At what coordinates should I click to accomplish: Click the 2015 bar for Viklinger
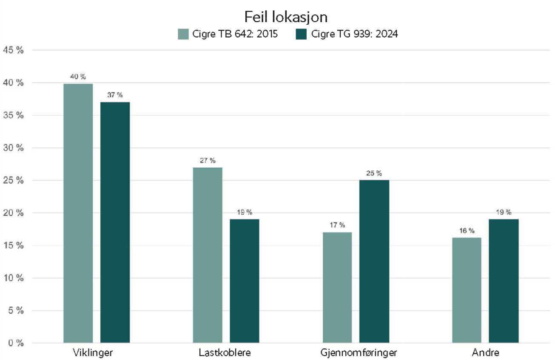(78, 213)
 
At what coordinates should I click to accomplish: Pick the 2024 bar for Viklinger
(115, 222)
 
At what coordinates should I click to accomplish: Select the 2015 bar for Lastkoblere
(208, 255)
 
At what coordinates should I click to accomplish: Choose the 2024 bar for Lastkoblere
(245, 281)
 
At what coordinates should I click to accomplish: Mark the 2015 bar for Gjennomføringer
(337, 287)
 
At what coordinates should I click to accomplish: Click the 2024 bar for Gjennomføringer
(374, 261)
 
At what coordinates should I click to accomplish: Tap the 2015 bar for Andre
(467, 290)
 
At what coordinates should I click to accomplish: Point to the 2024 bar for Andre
(504, 281)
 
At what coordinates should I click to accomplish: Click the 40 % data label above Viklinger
(78, 77)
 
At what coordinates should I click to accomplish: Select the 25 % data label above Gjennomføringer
(374, 173)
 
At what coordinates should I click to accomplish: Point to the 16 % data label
(467, 231)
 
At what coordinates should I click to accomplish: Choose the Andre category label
(485, 353)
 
